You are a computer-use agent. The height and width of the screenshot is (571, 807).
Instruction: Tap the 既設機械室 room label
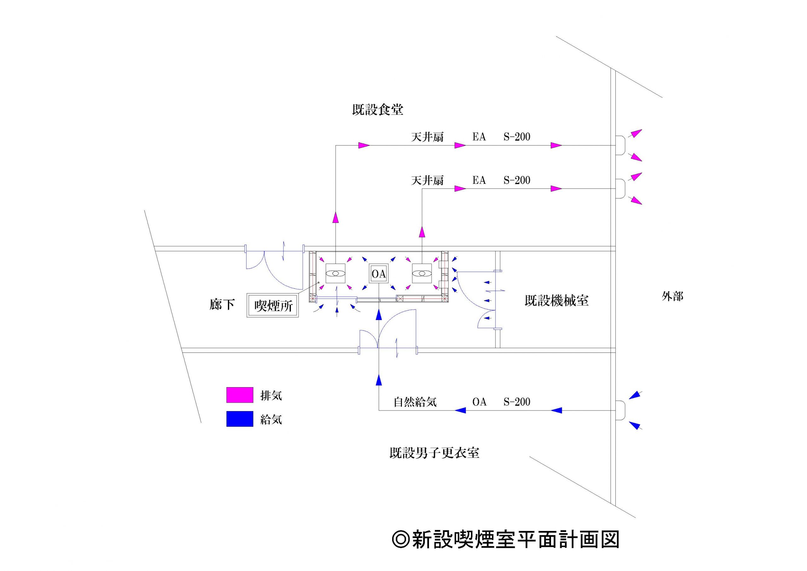pos(556,300)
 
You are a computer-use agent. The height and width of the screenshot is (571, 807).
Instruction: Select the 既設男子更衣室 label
pos(434,453)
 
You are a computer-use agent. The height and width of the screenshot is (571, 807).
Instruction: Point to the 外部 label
pos(672,296)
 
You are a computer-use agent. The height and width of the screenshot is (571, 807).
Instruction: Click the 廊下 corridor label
pos(222,305)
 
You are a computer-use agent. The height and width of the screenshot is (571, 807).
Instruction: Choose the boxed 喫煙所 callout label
pos(273,306)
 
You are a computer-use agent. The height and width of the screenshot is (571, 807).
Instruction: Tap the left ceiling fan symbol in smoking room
pos(336,273)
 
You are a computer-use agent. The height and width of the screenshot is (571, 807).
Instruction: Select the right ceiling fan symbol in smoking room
pos(422,273)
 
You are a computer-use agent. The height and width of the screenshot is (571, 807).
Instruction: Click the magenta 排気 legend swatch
pos(240,395)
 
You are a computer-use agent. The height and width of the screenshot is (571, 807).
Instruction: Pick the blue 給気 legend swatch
pos(240,419)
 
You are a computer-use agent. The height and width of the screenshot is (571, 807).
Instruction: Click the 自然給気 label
pos(415,402)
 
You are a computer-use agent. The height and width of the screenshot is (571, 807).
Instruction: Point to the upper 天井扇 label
pos(427,137)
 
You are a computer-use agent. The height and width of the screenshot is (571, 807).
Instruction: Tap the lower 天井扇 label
pos(427,180)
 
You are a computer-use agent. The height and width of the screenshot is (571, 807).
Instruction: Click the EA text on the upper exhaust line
pos(479,137)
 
